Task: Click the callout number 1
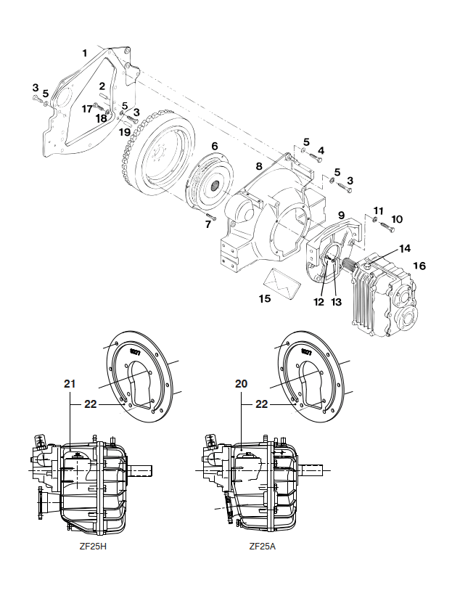click(x=85, y=53)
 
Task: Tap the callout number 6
click(x=215, y=146)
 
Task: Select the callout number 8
click(x=258, y=166)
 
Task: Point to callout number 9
click(x=341, y=216)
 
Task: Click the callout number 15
click(x=265, y=298)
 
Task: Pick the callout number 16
click(x=419, y=266)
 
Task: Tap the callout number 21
click(x=70, y=384)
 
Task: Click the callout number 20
click(x=241, y=384)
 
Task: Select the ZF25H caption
click(x=93, y=547)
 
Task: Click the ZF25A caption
click(x=263, y=547)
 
